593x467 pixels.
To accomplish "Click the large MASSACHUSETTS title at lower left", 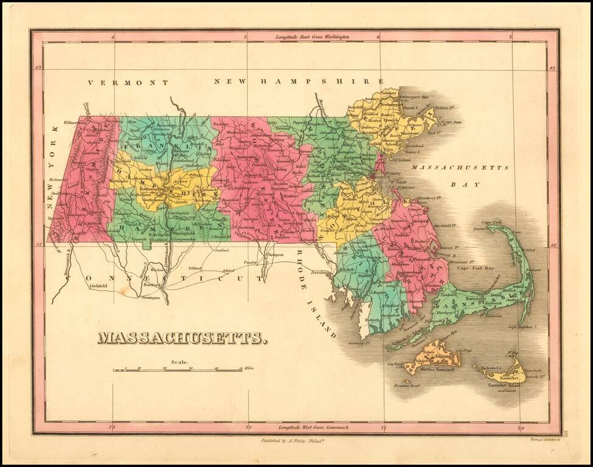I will tap(181, 338).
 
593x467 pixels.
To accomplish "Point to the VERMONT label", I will tap(127, 82).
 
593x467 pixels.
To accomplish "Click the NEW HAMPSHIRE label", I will tap(298, 81).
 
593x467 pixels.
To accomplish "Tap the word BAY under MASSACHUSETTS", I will tap(470, 184).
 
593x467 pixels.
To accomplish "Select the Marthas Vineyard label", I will tap(437, 369).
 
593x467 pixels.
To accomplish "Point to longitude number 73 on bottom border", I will tap(111, 428).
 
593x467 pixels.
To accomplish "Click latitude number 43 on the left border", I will tap(38, 68).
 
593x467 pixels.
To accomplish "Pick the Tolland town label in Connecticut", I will tap(194, 267).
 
